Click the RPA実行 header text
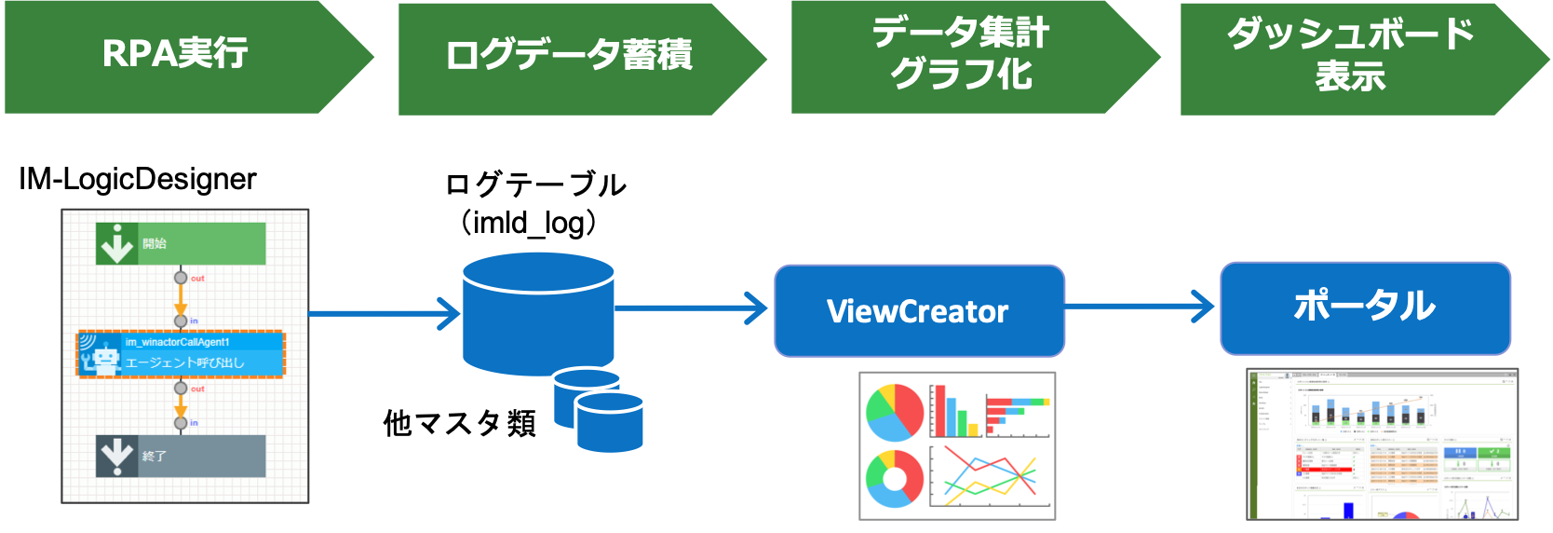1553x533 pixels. point(175,54)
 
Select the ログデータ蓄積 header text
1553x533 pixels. point(568,56)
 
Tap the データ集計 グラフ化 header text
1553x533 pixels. point(961,54)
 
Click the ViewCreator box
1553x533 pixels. point(919,310)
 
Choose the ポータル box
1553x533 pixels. point(1365,307)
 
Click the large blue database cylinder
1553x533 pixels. point(538,312)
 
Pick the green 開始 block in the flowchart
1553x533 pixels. point(181,243)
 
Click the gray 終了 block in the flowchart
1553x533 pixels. point(181,456)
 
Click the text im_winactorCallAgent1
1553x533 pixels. point(178,342)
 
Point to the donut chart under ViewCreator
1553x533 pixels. point(894,479)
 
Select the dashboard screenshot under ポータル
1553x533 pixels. point(1383,444)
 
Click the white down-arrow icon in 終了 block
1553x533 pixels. point(117,456)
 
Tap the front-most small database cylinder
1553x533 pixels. point(610,422)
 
